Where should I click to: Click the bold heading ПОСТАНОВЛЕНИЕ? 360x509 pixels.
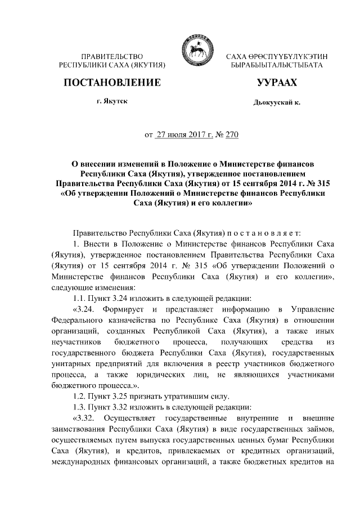111,83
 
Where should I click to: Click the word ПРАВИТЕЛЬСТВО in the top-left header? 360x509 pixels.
111,58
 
